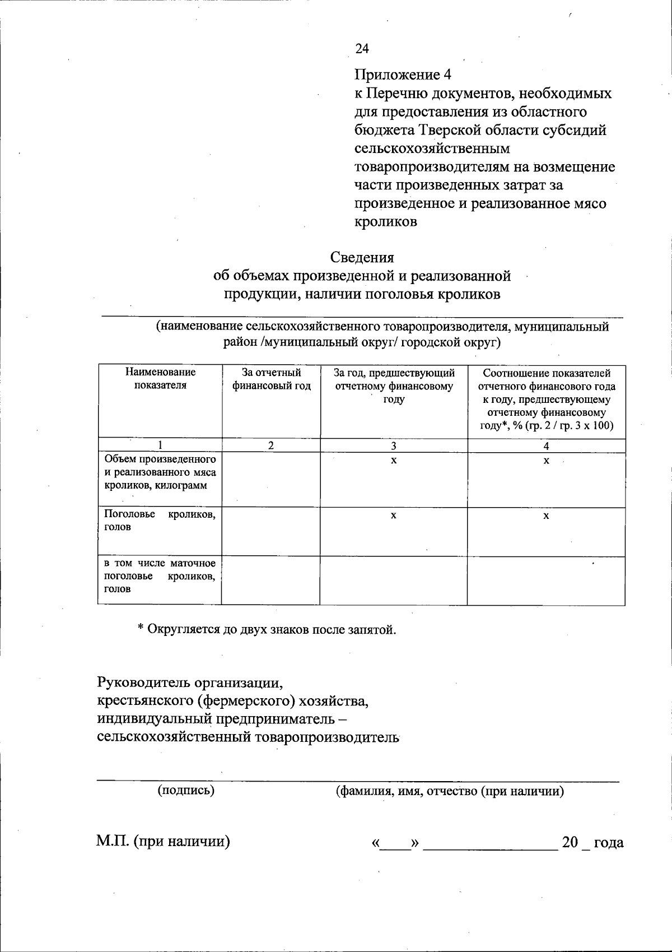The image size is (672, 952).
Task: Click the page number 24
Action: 362,49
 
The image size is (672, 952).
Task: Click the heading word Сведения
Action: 362,257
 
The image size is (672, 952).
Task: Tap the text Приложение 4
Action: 403,75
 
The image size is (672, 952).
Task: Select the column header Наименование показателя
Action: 160,379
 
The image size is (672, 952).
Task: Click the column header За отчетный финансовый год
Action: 271,379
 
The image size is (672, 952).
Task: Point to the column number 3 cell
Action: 394,446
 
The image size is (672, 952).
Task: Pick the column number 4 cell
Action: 546,446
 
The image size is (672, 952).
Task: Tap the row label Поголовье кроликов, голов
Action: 160,521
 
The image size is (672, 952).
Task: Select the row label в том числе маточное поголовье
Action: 160,575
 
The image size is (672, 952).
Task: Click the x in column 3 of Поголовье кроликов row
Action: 394,516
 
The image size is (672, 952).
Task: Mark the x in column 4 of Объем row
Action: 546,461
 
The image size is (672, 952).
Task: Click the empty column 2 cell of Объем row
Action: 271,480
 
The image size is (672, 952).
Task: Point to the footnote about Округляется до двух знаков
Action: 267,629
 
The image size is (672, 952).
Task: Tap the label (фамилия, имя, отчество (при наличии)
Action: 449,791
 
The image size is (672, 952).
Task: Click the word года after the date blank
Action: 608,842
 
